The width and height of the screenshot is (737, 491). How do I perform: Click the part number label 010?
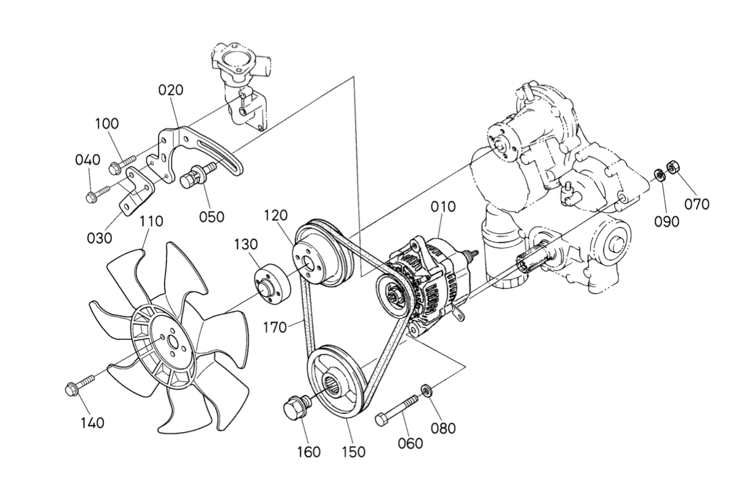point(443,206)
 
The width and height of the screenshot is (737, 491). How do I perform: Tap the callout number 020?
point(171,90)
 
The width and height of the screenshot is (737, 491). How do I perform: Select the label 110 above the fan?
point(151,221)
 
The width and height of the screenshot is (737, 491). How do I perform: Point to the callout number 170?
point(275,328)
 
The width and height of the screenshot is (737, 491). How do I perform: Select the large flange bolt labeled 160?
point(296,408)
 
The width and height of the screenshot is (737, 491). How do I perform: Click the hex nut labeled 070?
point(671,166)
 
